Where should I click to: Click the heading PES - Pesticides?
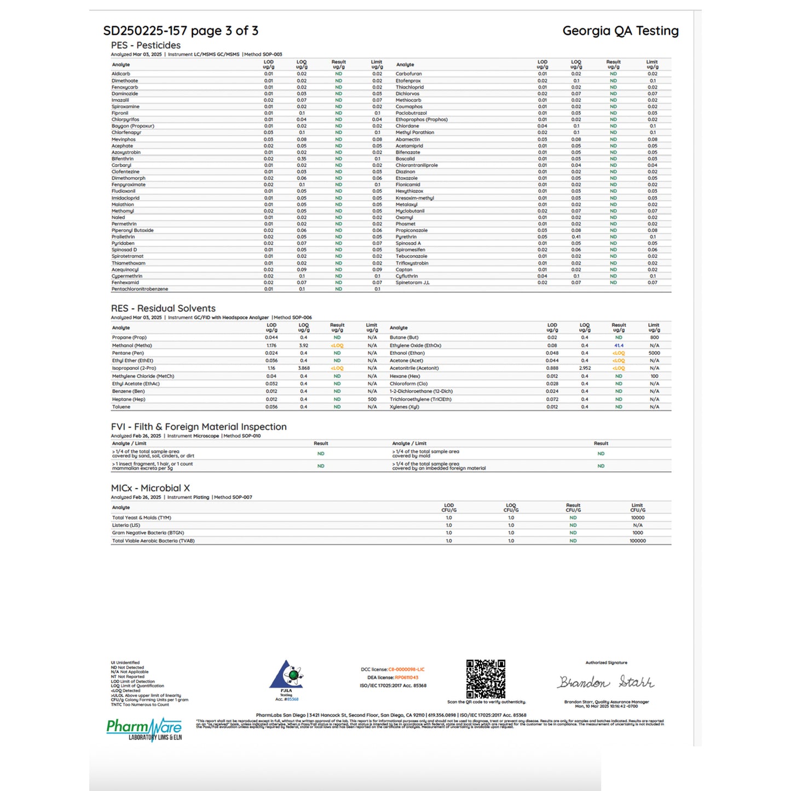(146, 45)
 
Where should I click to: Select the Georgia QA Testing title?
(620, 31)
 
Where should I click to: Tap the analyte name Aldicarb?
(121, 74)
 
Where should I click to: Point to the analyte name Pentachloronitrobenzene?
(140, 289)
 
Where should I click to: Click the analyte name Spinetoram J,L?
(413, 282)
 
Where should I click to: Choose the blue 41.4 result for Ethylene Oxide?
(619, 345)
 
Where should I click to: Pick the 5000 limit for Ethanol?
(654, 353)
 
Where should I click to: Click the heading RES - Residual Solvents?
(163, 308)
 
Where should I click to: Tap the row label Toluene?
(122, 407)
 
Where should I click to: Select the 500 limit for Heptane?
(372, 399)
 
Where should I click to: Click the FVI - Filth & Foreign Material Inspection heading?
(199, 426)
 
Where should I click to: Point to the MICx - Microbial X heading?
(151, 488)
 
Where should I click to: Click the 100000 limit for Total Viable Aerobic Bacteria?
(638, 541)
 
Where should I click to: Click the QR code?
(486, 679)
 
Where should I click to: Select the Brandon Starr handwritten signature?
(606, 683)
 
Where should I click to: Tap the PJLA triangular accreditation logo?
(286, 675)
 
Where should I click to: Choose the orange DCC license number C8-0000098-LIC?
(406, 669)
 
